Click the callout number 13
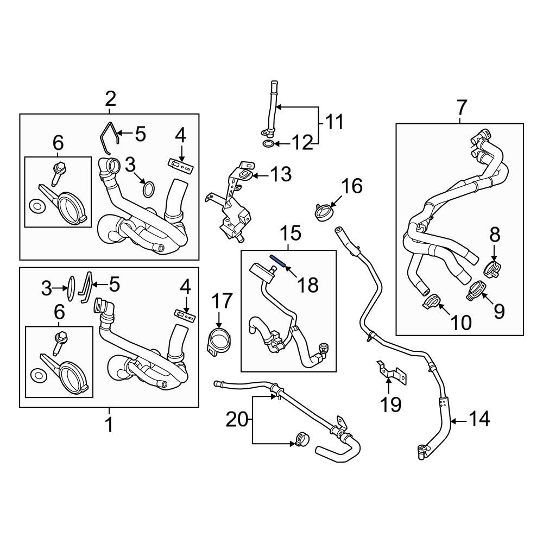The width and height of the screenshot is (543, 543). (x=281, y=175)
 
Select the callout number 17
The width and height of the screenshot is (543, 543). (x=222, y=301)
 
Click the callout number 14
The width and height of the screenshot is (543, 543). (x=478, y=419)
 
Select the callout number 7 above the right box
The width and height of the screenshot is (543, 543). (x=461, y=108)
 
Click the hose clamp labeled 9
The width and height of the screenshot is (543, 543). (x=475, y=290)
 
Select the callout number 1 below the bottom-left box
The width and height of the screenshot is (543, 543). (x=109, y=424)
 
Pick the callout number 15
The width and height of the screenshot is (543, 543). (x=291, y=234)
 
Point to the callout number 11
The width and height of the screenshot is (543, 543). (x=334, y=122)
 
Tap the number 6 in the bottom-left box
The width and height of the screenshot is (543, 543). (x=58, y=312)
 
